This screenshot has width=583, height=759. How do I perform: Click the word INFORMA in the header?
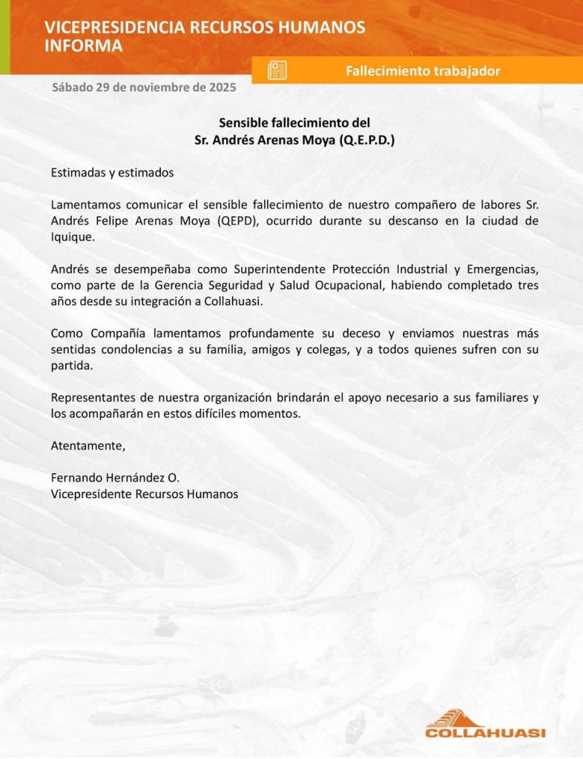tap(84, 46)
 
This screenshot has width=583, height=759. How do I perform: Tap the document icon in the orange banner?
tap(277, 71)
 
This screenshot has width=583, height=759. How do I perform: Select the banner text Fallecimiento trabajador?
tap(423, 71)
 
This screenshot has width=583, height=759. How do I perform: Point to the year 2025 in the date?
tap(223, 87)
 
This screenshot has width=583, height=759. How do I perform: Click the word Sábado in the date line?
tap(72, 87)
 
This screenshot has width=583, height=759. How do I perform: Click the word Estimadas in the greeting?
tap(77, 173)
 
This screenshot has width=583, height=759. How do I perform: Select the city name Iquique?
tap(72, 237)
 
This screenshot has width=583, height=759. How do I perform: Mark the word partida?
tap(70, 366)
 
